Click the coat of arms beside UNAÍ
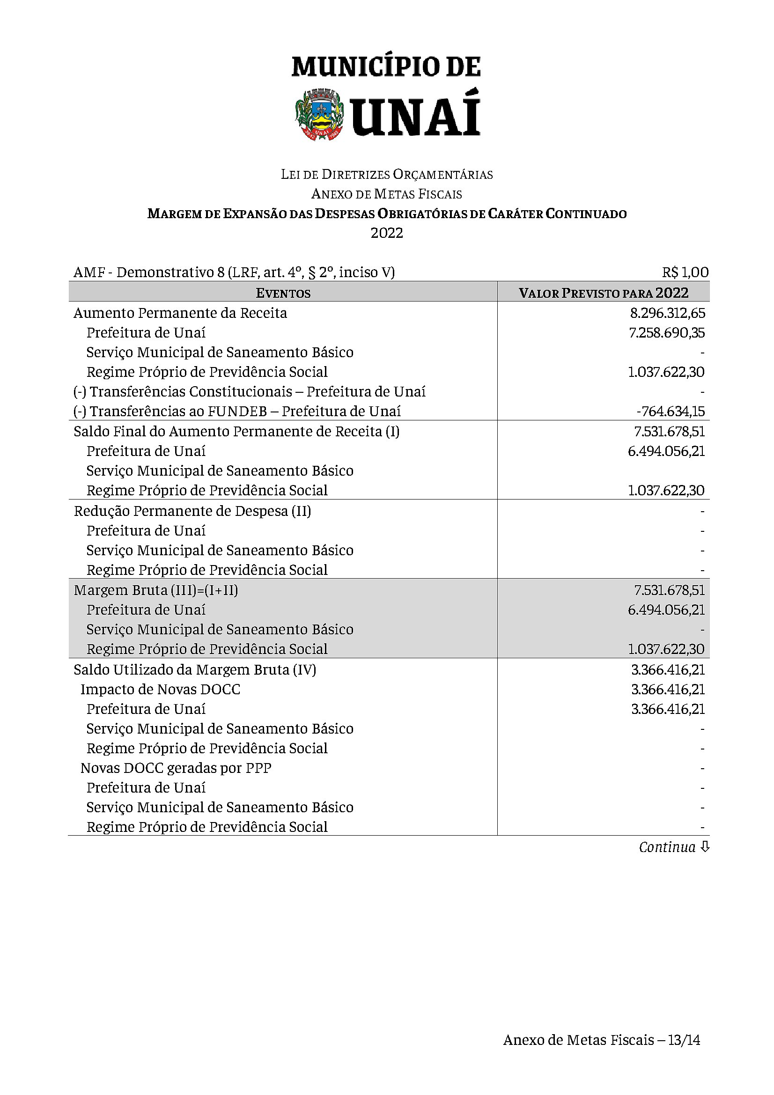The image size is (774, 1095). [319, 114]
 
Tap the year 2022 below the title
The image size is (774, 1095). [387, 233]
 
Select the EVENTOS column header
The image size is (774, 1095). [283, 293]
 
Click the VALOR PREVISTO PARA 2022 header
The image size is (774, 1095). [603, 293]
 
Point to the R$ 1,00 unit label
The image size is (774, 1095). [685, 272]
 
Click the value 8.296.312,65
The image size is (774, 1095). [667, 313]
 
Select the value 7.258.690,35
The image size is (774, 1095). [667, 333]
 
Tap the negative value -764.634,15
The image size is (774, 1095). [671, 411]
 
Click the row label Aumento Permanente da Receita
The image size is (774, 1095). [180, 313]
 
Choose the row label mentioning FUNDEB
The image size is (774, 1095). [237, 411]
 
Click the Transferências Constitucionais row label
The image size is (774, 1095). [250, 391]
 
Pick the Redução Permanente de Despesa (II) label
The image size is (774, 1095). [192, 511]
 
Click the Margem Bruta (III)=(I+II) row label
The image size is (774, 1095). [156, 590]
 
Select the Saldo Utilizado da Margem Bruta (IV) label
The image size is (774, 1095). [195, 669]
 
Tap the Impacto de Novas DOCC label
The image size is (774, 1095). [160, 690]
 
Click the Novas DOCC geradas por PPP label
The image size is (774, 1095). [176, 768]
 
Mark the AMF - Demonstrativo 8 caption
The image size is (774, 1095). [234, 272]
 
